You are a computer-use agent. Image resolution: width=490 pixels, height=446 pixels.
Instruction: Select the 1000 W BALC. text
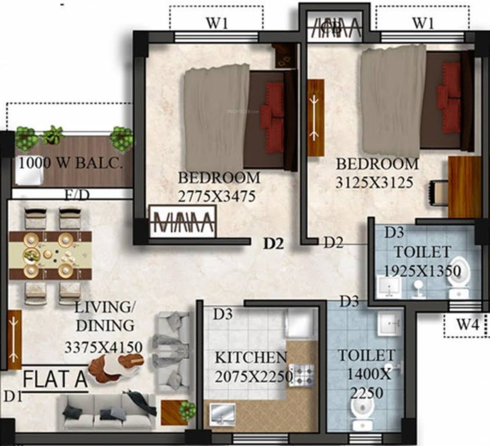[x=71, y=163]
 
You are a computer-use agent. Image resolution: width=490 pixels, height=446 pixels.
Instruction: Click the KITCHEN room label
[x=251, y=357]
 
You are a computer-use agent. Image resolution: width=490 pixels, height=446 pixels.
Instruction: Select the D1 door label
[x=10, y=397]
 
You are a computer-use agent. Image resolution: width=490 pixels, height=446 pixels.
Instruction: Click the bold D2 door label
[x=273, y=244]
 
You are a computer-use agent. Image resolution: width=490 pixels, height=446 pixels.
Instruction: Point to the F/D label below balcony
[x=77, y=195]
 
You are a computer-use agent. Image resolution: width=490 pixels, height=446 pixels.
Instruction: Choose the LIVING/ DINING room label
[x=104, y=316]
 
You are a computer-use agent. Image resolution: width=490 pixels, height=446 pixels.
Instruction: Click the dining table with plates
[x=50, y=255]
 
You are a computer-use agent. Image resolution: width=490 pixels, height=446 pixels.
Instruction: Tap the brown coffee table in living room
[x=116, y=367]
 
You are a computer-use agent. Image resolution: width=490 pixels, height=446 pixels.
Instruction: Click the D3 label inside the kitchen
[x=223, y=314]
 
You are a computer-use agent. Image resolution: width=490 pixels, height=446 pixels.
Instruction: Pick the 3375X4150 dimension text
[x=104, y=347]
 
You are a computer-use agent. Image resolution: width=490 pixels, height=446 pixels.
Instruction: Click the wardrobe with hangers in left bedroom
[x=182, y=221]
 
